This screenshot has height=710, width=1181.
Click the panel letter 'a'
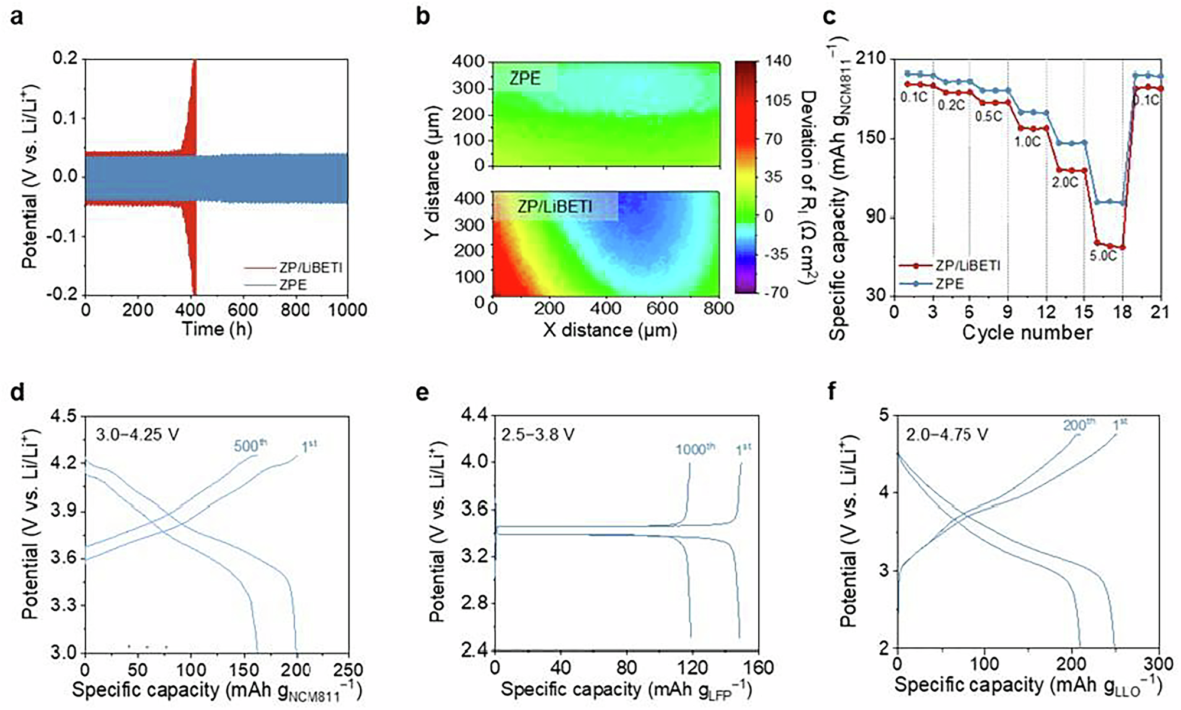click(x=17, y=17)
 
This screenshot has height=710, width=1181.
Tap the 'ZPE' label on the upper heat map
click(x=525, y=78)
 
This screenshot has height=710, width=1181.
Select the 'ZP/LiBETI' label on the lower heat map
click(x=555, y=206)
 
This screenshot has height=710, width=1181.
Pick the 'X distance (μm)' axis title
click(x=609, y=330)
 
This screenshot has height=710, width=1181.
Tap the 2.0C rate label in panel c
click(x=1065, y=183)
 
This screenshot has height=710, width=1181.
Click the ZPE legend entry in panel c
click(x=950, y=284)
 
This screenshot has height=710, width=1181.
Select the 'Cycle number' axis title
click(x=1027, y=333)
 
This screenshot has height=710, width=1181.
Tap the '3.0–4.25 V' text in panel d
click(x=137, y=435)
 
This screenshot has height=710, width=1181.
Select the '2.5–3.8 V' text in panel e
click(x=538, y=435)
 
